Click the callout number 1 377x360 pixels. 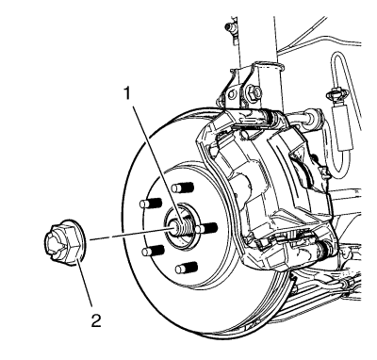tap(127, 93)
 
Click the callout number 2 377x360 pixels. tap(96, 320)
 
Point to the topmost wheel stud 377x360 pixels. tap(183, 188)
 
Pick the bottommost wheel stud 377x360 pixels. tap(187, 268)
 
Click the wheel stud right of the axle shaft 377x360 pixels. tap(206, 228)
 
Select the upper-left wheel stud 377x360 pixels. tap(151, 204)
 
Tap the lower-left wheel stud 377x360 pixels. tap(153, 251)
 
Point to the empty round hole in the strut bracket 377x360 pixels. tap(232, 94)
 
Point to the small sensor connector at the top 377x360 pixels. tap(230, 30)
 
